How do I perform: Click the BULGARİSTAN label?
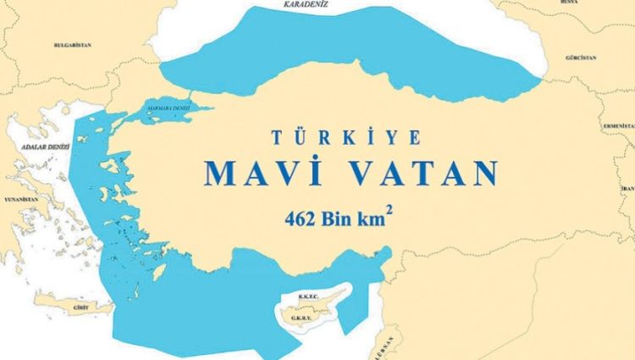pyautogui.click(x=71, y=44)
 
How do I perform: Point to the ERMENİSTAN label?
pyautogui.click(x=614, y=124)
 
